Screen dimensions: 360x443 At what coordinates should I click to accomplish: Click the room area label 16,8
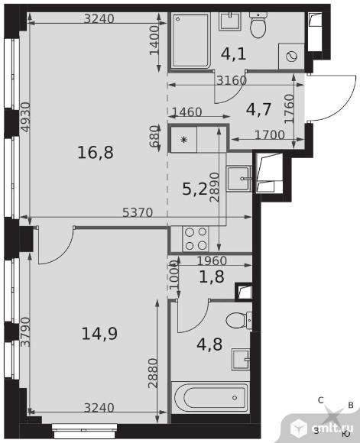pyautogui.click(x=96, y=153)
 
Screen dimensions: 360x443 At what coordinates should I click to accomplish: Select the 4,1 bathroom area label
pyautogui.click(x=234, y=54)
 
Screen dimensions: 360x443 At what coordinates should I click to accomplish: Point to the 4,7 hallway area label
pyautogui.click(x=259, y=109)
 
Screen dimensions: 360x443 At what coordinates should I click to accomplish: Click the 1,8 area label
pyautogui.click(x=212, y=276)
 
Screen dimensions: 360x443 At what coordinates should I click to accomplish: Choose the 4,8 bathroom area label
pyautogui.click(x=209, y=344)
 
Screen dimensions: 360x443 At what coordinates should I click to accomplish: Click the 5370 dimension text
pyautogui.click(x=138, y=212)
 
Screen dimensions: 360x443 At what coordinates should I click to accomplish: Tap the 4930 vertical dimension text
pyautogui.click(x=26, y=117)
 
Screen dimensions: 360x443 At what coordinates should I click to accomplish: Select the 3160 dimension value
pyautogui.click(x=232, y=81)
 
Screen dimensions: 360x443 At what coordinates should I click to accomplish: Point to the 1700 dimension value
pyautogui.click(x=270, y=134)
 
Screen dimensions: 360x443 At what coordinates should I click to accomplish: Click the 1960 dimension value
pyautogui.click(x=212, y=260)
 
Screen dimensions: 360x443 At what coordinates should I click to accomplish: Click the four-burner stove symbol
pyautogui.click(x=196, y=239)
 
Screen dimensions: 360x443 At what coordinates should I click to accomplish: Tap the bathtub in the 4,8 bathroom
pyautogui.click(x=210, y=397)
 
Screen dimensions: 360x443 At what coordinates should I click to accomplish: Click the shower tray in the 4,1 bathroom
pyautogui.click(x=190, y=40)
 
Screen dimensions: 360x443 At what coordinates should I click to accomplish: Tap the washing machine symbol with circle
pyautogui.click(x=291, y=57)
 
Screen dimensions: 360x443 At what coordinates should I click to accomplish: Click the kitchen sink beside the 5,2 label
pyautogui.click(x=239, y=179)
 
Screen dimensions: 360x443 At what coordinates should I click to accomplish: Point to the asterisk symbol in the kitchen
pyautogui.click(x=184, y=140)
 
